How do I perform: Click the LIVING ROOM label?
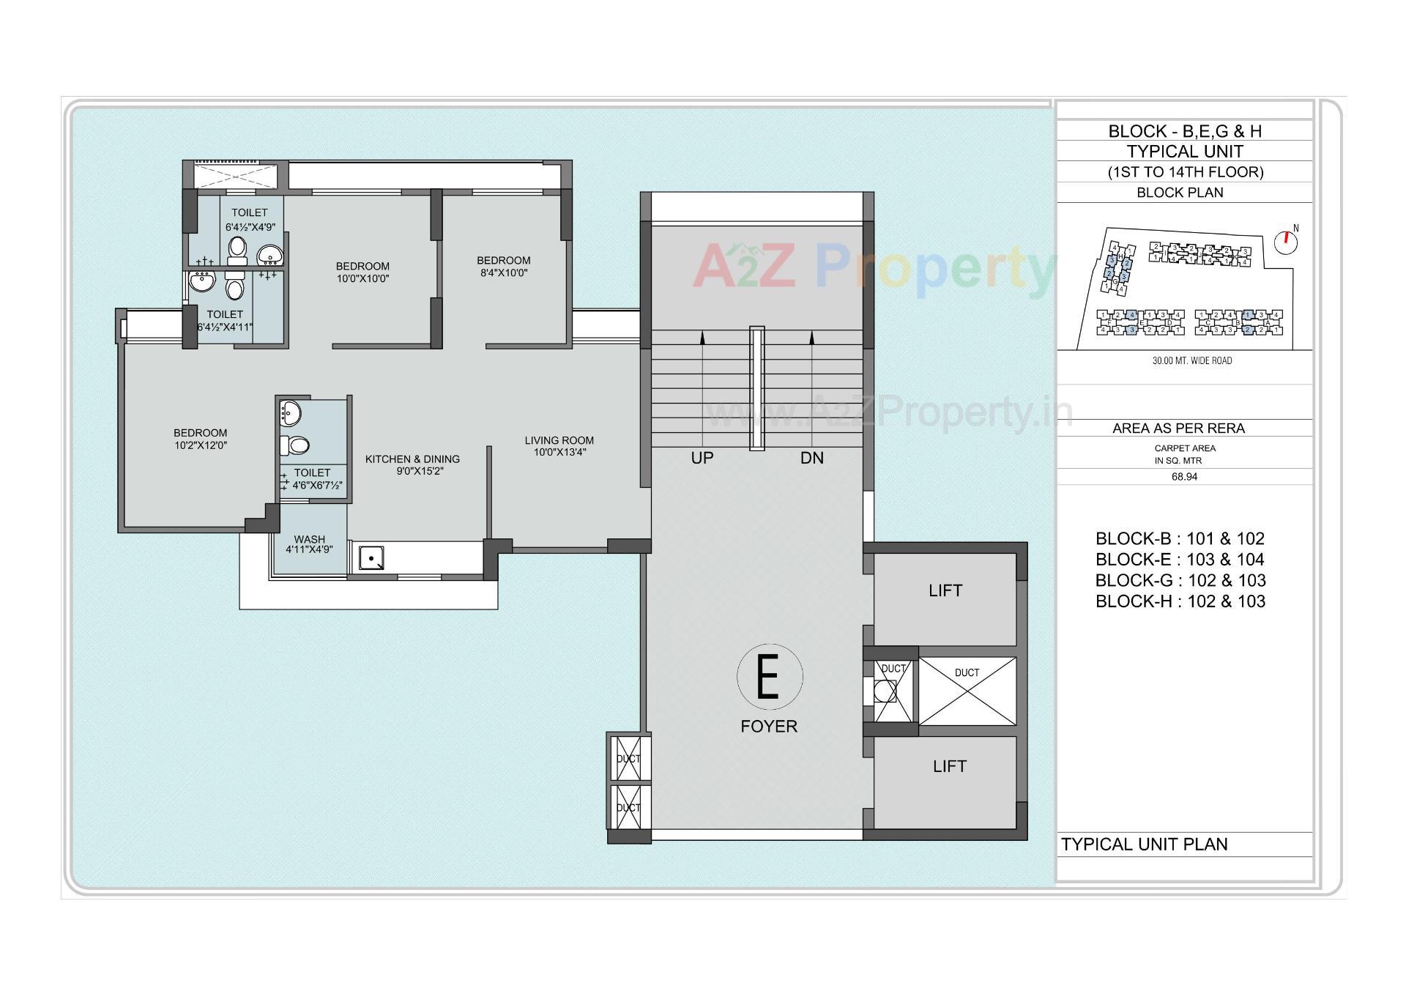(x=559, y=440)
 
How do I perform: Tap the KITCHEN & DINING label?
(x=412, y=459)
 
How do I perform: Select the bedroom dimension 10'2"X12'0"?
(x=200, y=445)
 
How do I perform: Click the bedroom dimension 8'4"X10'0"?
(x=503, y=273)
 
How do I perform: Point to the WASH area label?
(x=309, y=539)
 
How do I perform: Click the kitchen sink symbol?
(x=371, y=558)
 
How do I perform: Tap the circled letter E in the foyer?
(x=769, y=677)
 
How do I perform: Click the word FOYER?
(x=769, y=726)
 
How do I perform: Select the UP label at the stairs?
(x=702, y=458)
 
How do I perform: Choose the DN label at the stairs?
(x=811, y=458)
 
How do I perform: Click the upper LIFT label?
(x=945, y=590)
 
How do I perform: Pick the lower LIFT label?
(x=949, y=766)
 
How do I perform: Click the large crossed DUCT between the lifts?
(x=967, y=691)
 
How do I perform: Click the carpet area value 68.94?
(x=1184, y=477)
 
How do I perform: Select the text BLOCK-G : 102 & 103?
(x=1180, y=580)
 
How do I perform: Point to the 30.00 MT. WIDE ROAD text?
(x=1191, y=360)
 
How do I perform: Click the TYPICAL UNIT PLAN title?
(x=1144, y=844)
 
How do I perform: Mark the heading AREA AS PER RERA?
(x=1178, y=428)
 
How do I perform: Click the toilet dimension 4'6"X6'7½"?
(x=318, y=485)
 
